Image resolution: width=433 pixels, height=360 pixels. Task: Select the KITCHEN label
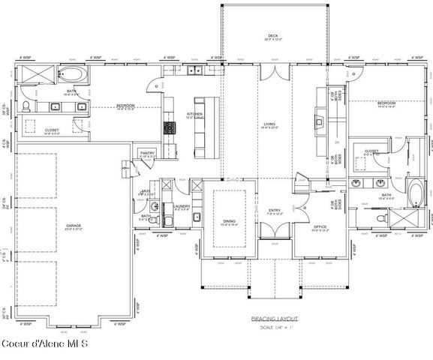[x=194, y=114]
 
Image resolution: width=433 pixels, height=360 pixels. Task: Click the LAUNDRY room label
[x=181, y=206]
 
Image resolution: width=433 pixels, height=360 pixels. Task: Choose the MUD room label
[x=146, y=192]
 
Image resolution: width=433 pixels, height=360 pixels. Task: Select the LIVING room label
[x=269, y=124]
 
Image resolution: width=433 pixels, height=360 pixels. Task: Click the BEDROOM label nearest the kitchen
[x=125, y=105]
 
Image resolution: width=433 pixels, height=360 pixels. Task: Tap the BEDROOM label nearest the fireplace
[x=386, y=102]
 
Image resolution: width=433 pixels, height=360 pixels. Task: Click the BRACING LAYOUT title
[x=269, y=318]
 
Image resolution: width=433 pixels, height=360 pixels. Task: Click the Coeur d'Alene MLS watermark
[x=44, y=344]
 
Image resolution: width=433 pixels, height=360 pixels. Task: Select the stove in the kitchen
[x=170, y=128]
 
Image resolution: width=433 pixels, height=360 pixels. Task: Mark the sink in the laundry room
[x=197, y=216]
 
